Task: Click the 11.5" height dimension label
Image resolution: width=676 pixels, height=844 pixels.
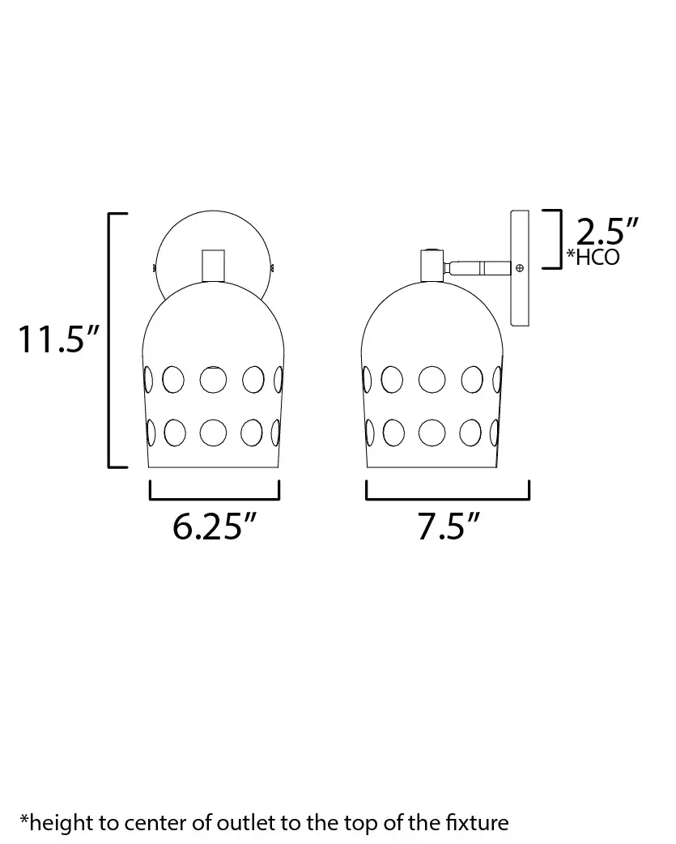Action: pos(58,339)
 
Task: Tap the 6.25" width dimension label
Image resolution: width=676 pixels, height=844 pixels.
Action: pos(214,526)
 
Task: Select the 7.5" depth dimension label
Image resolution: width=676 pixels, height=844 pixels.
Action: pos(448,526)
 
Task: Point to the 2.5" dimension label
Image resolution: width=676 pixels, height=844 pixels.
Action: pos(606,232)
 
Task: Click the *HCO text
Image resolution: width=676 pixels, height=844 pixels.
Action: pos(593,258)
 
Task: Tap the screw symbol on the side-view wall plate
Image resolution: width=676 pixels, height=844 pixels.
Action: pos(520,267)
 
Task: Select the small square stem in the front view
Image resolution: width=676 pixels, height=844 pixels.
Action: pos(213,266)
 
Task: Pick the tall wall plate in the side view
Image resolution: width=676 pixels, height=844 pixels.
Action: pos(520,268)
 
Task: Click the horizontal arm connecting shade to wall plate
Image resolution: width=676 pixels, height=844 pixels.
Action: pos(477,267)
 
